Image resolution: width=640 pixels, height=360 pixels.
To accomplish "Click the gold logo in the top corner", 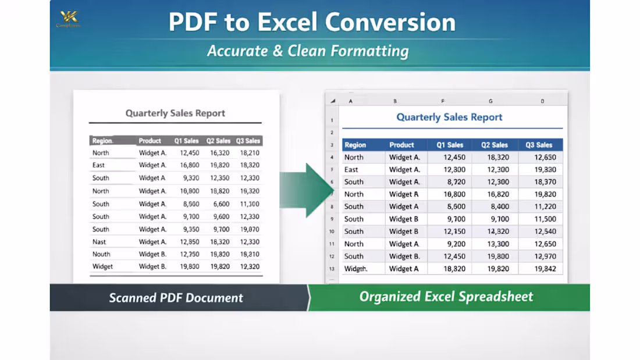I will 68,18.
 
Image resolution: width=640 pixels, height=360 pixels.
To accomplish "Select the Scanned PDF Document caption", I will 176,298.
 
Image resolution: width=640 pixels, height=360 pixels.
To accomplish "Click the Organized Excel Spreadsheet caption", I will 446,297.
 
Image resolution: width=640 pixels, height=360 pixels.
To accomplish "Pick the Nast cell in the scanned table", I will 99,242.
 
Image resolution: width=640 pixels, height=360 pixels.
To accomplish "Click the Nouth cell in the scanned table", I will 101,254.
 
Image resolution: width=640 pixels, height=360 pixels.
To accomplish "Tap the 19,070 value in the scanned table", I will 250,229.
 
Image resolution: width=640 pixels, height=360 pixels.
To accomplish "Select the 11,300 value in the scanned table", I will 250,204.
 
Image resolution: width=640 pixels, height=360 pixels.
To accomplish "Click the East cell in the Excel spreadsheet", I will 351,170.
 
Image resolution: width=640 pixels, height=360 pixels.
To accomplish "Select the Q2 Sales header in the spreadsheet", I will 495,145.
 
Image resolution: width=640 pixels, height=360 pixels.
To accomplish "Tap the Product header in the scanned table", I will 150,141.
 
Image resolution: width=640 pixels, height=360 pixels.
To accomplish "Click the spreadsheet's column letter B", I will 395,101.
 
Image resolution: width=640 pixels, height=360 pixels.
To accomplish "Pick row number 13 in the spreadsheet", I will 332,269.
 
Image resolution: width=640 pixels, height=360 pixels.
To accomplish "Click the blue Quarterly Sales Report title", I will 449,117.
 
